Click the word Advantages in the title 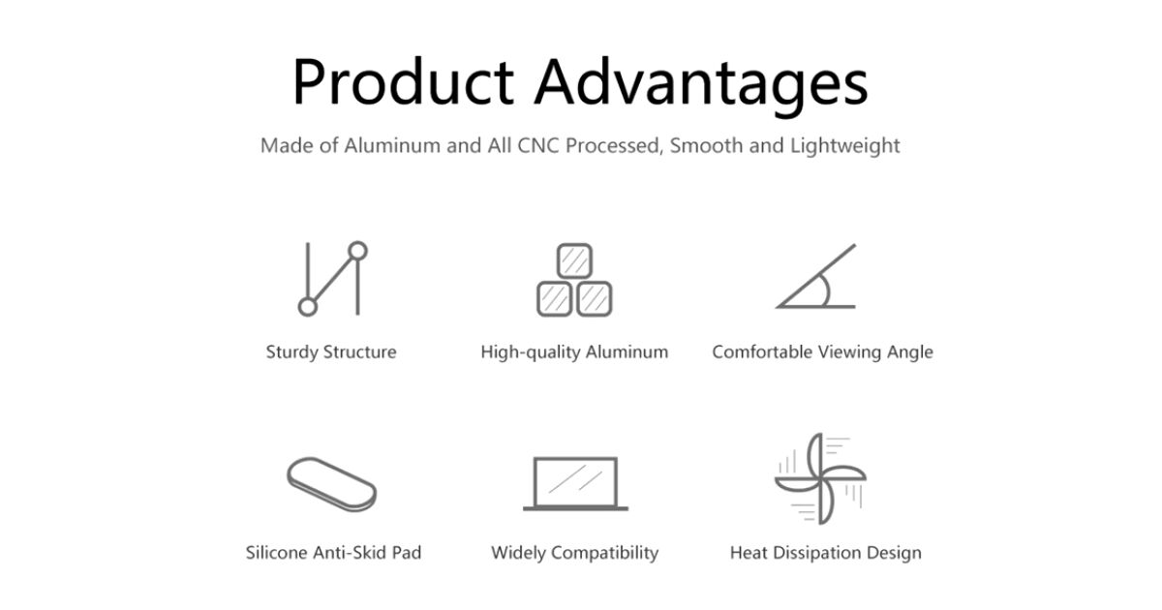click(x=701, y=86)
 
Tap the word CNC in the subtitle click(x=538, y=146)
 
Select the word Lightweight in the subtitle click(x=845, y=146)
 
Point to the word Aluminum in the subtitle click(x=392, y=146)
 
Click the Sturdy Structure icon click(x=332, y=279)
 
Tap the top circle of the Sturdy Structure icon click(x=357, y=251)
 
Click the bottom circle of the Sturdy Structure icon click(x=308, y=307)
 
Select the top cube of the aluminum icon click(x=574, y=260)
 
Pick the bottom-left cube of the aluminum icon click(x=555, y=299)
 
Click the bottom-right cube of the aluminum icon click(x=594, y=299)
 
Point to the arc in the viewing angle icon click(x=827, y=291)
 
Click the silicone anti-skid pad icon click(x=332, y=484)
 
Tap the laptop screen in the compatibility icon click(x=575, y=481)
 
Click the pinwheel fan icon click(x=820, y=478)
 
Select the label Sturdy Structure click(x=331, y=352)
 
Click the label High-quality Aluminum click(x=574, y=352)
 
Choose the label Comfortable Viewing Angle click(x=823, y=352)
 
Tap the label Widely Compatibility click(x=575, y=554)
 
